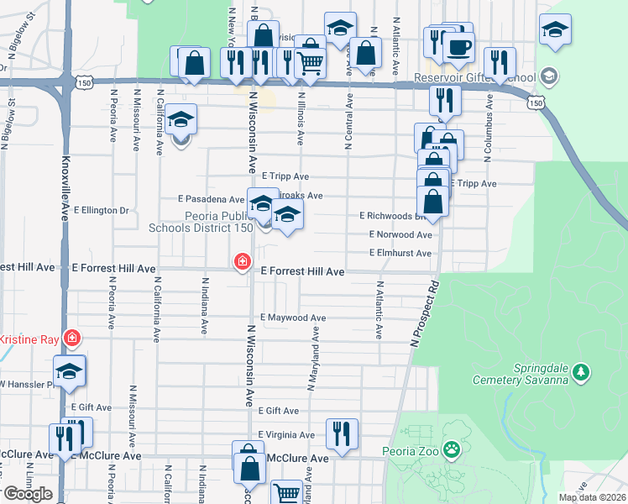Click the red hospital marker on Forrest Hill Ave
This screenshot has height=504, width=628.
[243, 263]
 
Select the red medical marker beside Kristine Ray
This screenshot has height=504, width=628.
[73, 339]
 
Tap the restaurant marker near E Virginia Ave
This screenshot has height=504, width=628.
[342, 434]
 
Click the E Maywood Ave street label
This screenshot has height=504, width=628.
[293, 318]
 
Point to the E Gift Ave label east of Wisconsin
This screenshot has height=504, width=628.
[279, 411]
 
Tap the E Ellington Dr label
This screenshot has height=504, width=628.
[101, 210]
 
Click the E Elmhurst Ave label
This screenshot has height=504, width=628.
[400, 253]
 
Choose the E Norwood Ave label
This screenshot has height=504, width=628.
[400, 234]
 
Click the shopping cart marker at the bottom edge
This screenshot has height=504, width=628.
[287, 494]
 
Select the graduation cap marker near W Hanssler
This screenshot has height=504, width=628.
[70, 371]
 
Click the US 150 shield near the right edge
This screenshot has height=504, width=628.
[535, 101]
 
